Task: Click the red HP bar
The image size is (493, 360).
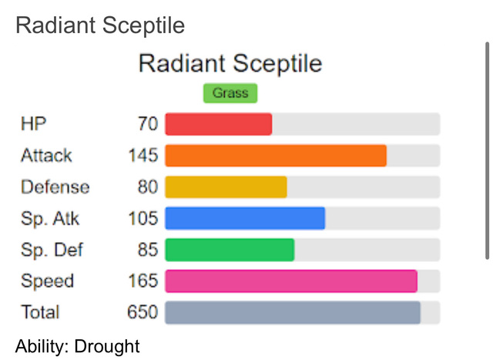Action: (x=219, y=124)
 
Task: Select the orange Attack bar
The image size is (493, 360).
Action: (x=276, y=156)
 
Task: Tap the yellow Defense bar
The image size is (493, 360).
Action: (x=226, y=187)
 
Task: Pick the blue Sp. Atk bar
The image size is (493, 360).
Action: (x=245, y=218)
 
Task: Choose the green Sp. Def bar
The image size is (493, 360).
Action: (x=230, y=250)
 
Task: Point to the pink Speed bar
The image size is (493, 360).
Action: (x=291, y=281)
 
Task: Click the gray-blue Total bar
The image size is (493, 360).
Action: (x=293, y=312)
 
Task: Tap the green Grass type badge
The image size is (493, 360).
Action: (x=230, y=93)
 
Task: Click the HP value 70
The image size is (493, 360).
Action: (x=148, y=123)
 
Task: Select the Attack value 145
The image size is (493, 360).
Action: (x=143, y=155)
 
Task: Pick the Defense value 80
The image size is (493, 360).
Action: (x=148, y=187)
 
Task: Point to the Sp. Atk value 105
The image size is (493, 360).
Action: (x=143, y=218)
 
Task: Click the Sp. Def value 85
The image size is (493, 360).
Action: (x=148, y=250)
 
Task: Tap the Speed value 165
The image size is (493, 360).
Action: (x=143, y=281)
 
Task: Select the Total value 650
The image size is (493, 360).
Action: (x=143, y=312)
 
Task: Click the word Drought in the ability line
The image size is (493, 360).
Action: (x=107, y=346)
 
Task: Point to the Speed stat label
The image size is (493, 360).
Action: (x=48, y=281)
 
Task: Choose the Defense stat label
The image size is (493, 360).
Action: (x=55, y=187)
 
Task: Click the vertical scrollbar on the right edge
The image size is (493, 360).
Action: (x=487, y=151)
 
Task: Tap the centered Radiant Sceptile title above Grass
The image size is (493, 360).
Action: (x=230, y=64)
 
